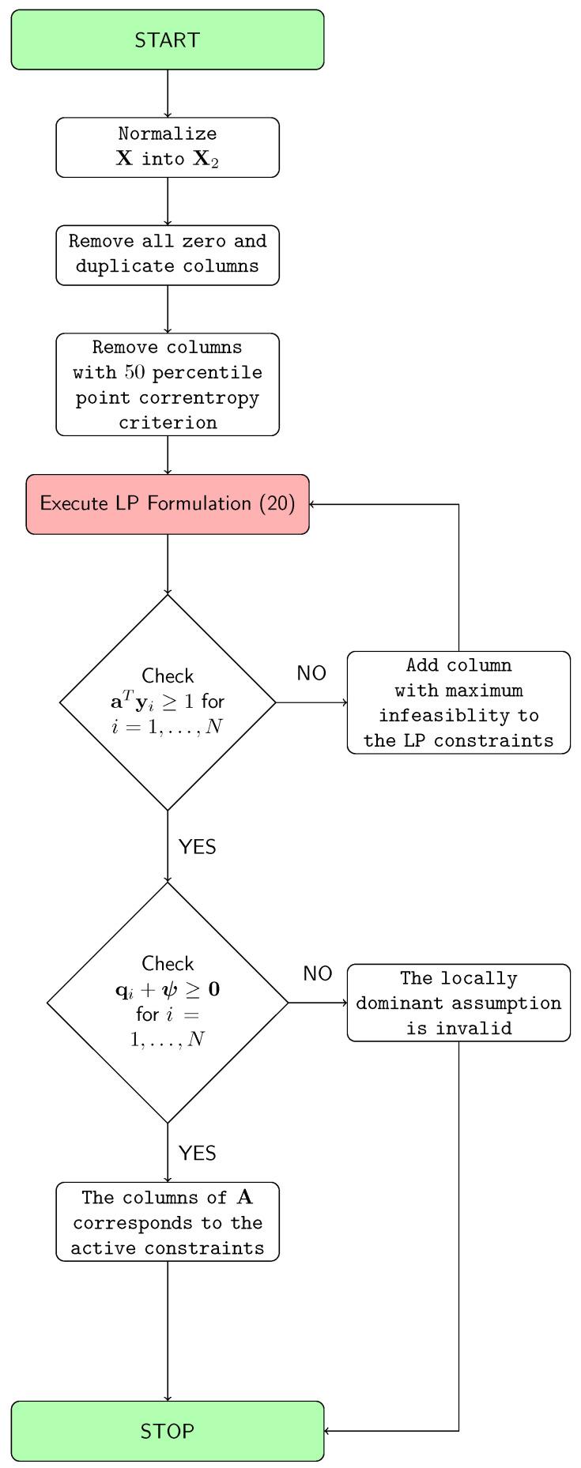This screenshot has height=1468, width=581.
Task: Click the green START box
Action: pos(168,40)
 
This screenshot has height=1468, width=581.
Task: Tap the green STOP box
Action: pos(168,1431)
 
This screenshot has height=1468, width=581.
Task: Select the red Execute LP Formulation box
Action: pos(168,504)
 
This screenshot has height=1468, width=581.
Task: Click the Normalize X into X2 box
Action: pos(168,147)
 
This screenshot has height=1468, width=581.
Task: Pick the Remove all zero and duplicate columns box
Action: pos(168,254)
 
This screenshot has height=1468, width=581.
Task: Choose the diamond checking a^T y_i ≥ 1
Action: pos(168,702)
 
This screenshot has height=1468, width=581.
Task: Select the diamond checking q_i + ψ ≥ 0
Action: pos(168,1002)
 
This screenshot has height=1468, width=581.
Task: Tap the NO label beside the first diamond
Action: pos(311,673)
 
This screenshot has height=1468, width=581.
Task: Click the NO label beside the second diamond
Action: pos(318,973)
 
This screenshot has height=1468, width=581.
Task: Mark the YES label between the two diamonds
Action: pos(198,847)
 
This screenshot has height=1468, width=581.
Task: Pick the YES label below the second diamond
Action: pos(198,1154)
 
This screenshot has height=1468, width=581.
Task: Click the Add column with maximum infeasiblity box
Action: pos(458,702)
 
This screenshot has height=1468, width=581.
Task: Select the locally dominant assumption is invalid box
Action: pos(458,1003)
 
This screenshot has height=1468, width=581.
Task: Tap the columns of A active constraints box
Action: pos(168,1221)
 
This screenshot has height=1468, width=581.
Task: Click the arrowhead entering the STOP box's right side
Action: pos(327,1431)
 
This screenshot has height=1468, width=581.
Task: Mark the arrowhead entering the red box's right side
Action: pos(312,504)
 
